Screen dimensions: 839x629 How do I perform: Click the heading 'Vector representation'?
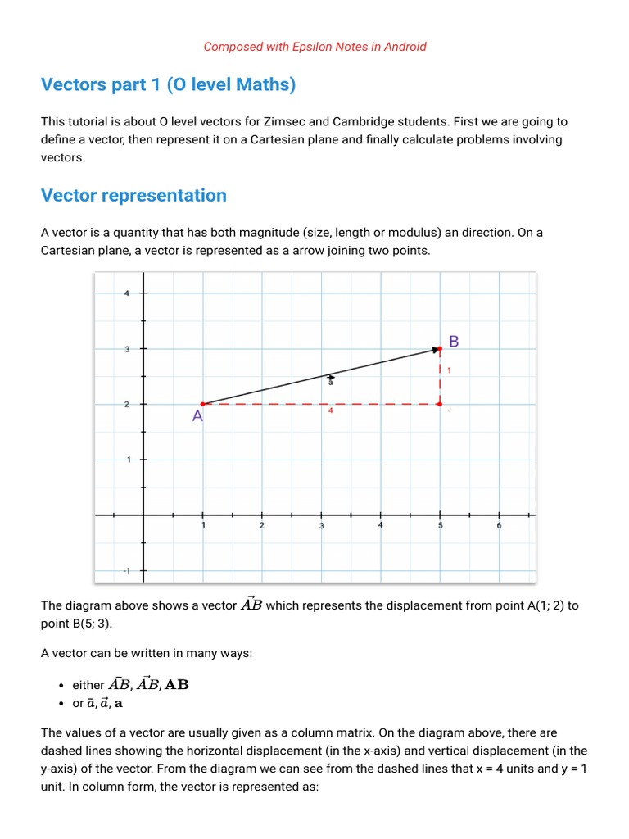point(133,195)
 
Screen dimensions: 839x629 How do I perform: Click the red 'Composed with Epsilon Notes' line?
point(314,47)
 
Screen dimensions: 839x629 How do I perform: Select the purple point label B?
point(454,341)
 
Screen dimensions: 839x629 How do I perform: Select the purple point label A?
point(197,416)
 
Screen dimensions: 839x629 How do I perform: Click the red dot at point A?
point(203,404)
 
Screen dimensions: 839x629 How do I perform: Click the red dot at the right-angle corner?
point(440,404)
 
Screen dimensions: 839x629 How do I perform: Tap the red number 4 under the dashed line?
point(330,411)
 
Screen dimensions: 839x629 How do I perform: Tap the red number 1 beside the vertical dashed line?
point(449,370)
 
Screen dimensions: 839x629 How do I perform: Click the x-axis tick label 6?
point(499,525)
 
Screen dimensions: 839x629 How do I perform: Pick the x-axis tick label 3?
point(322,526)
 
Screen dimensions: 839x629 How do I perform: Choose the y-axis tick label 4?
point(126,293)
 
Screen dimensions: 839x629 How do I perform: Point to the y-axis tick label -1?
point(126,570)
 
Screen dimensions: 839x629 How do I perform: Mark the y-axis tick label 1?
point(127,460)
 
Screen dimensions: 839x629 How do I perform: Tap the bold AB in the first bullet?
point(177,684)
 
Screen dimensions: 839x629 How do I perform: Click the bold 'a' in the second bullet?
point(119,703)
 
